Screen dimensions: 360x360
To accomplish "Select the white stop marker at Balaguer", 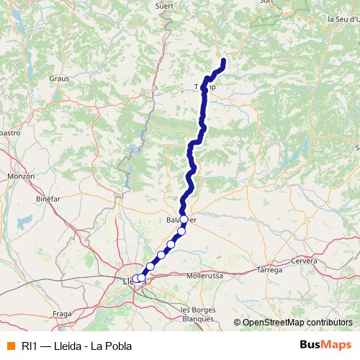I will tap(184, 219).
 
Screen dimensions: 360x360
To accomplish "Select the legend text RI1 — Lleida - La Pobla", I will tap(71, 346).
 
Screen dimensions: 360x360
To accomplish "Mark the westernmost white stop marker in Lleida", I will tap(135, 279).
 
